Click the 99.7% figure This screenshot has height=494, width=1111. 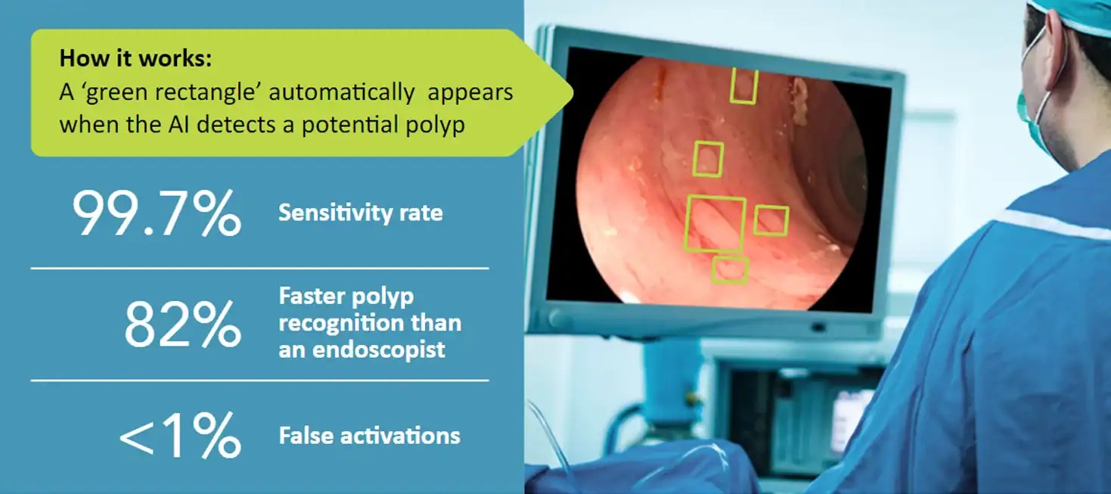[x=157, y=215]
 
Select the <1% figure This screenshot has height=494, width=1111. [x=180, y=437]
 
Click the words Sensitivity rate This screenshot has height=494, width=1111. [x=360, y=213]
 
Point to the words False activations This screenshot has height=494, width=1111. [x=369, y=436]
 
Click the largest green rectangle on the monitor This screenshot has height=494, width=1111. [x=715, y=223]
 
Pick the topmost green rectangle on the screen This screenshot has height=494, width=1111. [x=743, y=85]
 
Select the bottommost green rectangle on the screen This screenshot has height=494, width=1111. [x=730, y=270]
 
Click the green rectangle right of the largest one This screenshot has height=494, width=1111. [x=771, y=220]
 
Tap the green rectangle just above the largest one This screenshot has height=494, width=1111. [x=707, y=159]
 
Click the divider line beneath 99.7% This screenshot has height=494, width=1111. [x=259, y=268]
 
